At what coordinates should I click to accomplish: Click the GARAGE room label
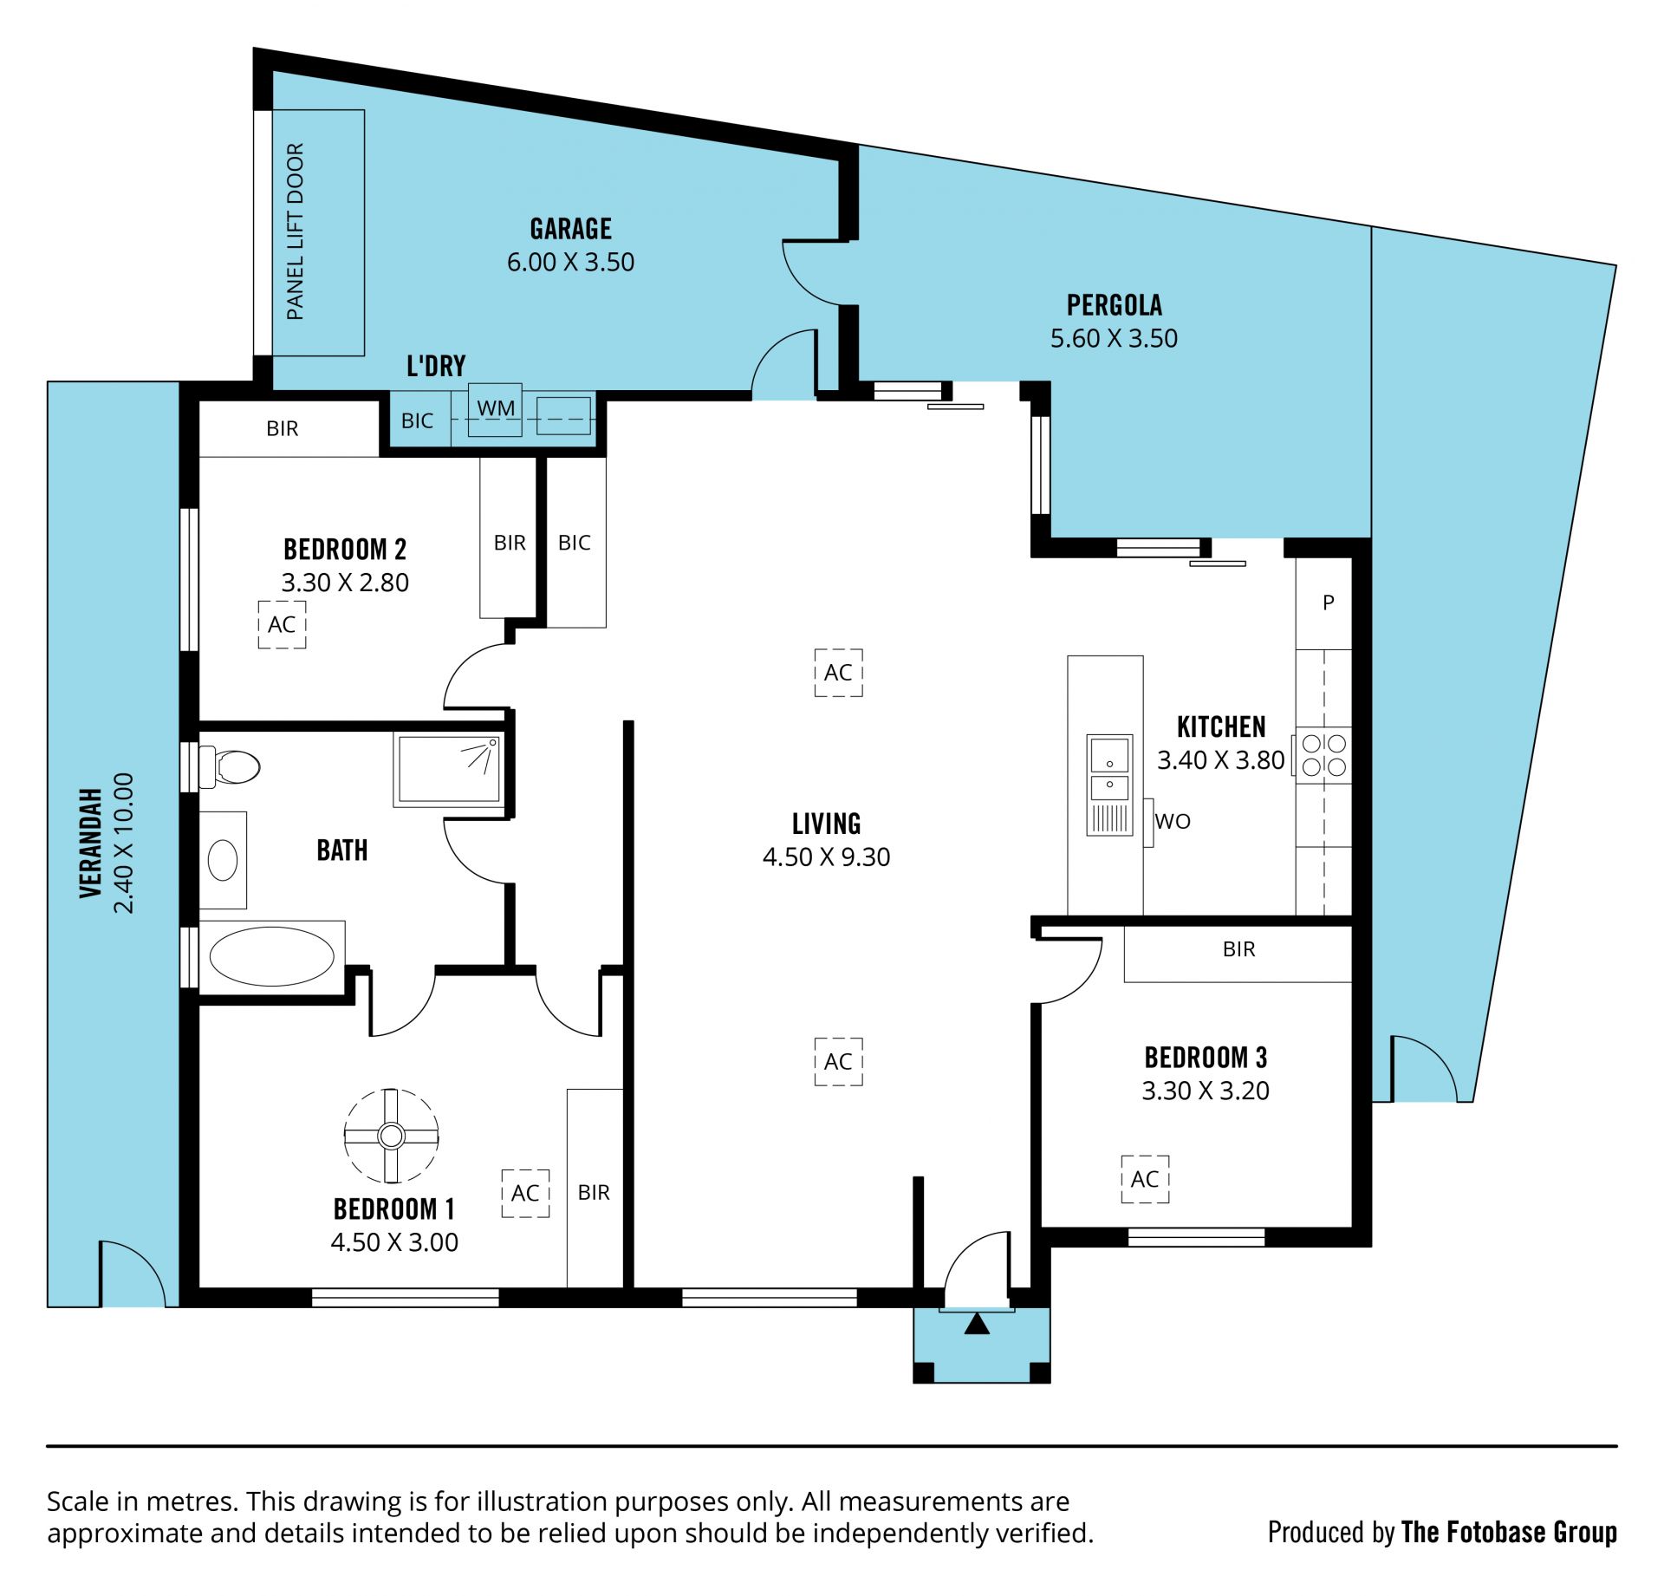(x=570, y=229)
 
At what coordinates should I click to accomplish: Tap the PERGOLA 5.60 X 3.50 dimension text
(x=1114, y=338)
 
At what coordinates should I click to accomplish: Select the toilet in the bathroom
(x=230, y=766)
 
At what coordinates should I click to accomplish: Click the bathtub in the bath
(x=271, y=956)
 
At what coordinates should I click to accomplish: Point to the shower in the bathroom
(x=449, y=769)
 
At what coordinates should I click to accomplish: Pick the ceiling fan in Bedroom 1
(x=391, y=1135)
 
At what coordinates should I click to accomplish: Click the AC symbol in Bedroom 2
(x=282, y=624)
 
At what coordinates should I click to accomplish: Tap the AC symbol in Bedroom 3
(x=1145, y=1179)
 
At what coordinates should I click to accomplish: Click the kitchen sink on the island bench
(x=1109, y=785)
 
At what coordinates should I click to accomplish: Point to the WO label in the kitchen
(x=1173, y=821)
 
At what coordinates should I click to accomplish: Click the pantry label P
(x=1328, y=602)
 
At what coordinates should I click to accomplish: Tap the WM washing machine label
(x=496, y=407)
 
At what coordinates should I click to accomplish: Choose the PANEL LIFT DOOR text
(x=295, y=231)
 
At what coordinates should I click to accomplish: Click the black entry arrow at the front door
(x=977, y=1323)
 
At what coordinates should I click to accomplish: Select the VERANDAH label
(x=91, y=843)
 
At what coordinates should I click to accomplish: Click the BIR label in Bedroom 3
(x=1238, y=949)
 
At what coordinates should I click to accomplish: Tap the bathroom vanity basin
(x=223, y=860)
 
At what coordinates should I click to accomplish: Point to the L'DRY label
(x=436, y=366)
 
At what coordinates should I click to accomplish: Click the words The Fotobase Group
(x=1509, y=1532)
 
